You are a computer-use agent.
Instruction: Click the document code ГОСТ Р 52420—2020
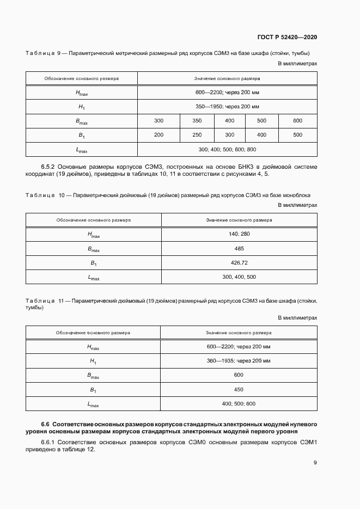coord(286,37)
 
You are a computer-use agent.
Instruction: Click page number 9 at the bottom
coord(315,463)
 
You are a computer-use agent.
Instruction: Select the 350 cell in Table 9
coord(197,120)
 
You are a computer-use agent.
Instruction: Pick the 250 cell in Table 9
coord(197,134)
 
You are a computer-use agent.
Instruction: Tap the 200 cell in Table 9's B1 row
coord(158,134)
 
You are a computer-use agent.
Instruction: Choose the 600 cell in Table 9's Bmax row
coord(297,120)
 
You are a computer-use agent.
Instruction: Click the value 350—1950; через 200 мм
coord(227,107)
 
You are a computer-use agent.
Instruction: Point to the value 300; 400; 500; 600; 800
coord(227,149)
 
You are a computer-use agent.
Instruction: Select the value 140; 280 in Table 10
coord(239,234)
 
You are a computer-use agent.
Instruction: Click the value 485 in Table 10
coord(239,248)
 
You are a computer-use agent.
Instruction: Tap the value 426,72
coord(239,262)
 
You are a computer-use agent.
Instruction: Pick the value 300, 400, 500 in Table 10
coord(239,277)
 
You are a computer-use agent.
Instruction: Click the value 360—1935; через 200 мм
coord(239,361)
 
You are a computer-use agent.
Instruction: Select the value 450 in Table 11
coord(239,389)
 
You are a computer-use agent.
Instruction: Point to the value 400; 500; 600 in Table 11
coord(239,404)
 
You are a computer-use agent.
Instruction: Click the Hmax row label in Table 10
coord(94,234)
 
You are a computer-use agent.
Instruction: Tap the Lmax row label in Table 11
coord(94,404)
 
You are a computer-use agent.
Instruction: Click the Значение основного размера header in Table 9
coord(227,78)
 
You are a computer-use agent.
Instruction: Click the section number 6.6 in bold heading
coord(46,424)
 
